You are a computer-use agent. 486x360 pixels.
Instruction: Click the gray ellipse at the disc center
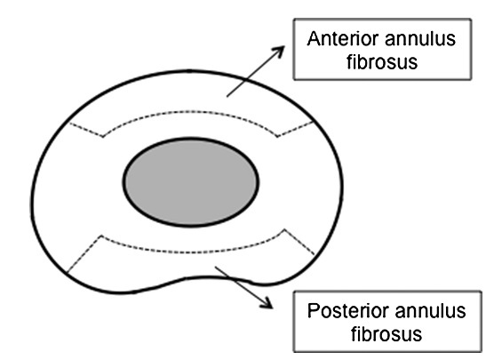[191, 182]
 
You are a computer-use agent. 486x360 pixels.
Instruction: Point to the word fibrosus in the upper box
[382, 61]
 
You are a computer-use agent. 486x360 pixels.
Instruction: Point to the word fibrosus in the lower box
[386, 334]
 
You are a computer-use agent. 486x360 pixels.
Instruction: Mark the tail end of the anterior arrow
[227, 97]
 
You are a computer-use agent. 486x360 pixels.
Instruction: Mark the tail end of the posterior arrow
[215, 267]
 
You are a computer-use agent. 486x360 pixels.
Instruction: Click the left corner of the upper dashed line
[103, 136]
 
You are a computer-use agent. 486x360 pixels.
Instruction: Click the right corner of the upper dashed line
[277, 136]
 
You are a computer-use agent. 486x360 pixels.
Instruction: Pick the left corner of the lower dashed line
[101, 236]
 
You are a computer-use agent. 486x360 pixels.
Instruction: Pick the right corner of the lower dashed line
[284, 229]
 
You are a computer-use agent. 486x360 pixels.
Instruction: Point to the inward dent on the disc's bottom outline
[202, 276]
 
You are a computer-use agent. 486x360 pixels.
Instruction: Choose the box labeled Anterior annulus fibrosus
[382, 49]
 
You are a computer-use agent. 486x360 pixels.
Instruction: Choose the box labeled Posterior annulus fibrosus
[387, 322]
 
